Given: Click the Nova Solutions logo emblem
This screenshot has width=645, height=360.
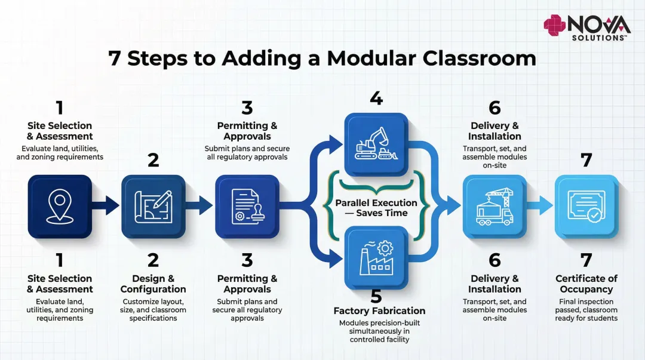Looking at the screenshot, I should [554, 26].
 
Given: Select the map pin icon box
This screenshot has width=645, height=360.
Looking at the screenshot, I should [60, 206].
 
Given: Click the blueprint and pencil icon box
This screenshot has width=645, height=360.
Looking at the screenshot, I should [153, 206].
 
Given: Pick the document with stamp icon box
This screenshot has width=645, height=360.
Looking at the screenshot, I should [247, 206].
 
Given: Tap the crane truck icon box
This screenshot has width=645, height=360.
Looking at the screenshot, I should [494, 206].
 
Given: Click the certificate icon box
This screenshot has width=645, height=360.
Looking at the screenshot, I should [586, 206].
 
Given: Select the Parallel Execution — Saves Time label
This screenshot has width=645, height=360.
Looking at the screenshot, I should [376, 208].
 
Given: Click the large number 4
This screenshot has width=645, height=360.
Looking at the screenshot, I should [376, 98].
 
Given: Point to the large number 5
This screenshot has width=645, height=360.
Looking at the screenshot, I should [376, 296].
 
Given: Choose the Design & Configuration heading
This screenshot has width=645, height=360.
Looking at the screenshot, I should [153, 284].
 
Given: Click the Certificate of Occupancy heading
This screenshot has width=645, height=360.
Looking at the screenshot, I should [586, 284].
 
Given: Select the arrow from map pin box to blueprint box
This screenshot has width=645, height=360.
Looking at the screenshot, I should [106, 207].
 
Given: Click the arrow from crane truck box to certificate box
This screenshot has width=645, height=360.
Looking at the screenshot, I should [540, 207].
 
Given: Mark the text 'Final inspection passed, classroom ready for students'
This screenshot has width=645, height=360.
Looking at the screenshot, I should [586, 310].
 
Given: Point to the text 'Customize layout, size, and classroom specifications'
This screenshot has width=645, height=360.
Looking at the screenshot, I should [153, 310].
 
